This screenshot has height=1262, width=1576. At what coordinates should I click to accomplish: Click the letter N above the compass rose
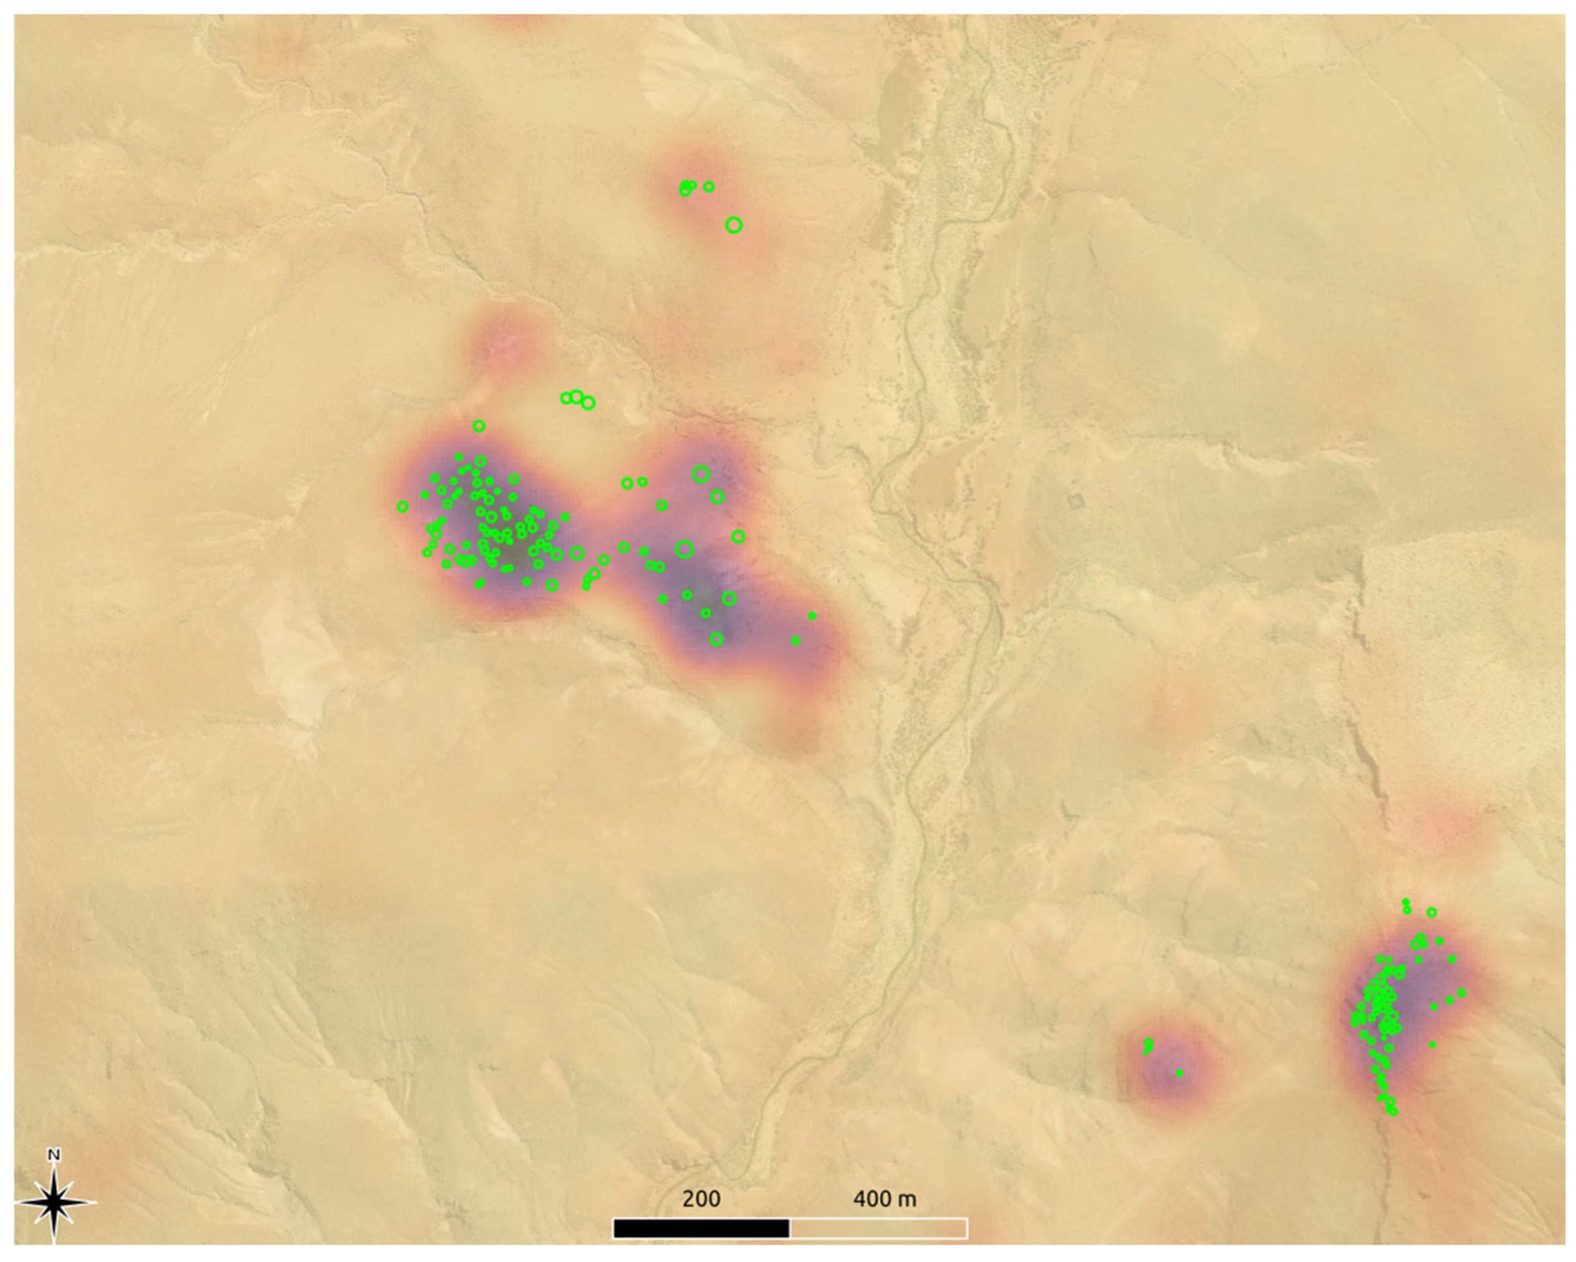pyautogui.click(x=54, y=1155)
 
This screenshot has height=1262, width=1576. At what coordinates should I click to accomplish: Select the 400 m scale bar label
pyautogui.click(x=884, y=1198)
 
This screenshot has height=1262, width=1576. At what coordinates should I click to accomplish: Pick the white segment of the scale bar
pyautogui.click(x=878, y=1228)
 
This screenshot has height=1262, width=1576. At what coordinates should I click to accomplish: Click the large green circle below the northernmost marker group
pyautogui.click(x=734, y=225)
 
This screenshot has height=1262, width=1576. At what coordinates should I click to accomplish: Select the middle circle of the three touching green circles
pyautogui.click(x=576, y=397)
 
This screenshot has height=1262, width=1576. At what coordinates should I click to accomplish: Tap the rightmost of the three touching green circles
pyautogui.click(x=589, y=403)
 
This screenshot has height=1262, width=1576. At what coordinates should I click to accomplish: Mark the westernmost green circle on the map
pyautogui.click(x=402, y=507)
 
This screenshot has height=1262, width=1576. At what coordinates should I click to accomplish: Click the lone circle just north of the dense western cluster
pyautogui.click(x=479, y=426)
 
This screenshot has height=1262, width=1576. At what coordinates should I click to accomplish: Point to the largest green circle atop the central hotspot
pyautogui.click(x=700, y=474)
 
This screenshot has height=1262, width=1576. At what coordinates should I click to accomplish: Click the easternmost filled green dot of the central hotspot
pyautogui.click(x=812, y=616)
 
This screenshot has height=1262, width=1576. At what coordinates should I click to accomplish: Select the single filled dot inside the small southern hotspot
pyautogui.click(x=1179, y=1073)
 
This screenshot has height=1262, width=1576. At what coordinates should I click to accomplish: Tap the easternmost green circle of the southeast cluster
pyautogui.click(x=1461, y=993)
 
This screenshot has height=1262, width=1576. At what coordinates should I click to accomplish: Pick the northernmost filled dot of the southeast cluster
pyautogui.click(x=1406, y=902)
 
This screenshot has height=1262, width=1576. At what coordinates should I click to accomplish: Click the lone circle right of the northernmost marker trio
pyautogui.click(x=708, y=187)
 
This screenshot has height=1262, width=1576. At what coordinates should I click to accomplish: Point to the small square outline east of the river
pyautogui.click(x=1075, y=501)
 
